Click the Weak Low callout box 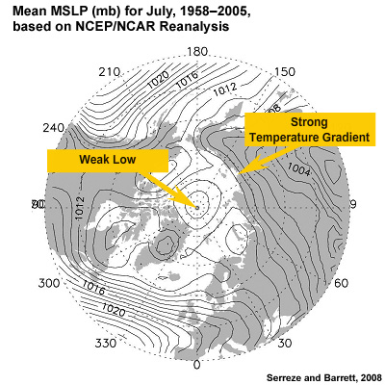(107, 160)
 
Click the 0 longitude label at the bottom (196, 364)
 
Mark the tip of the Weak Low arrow (195, 205)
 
